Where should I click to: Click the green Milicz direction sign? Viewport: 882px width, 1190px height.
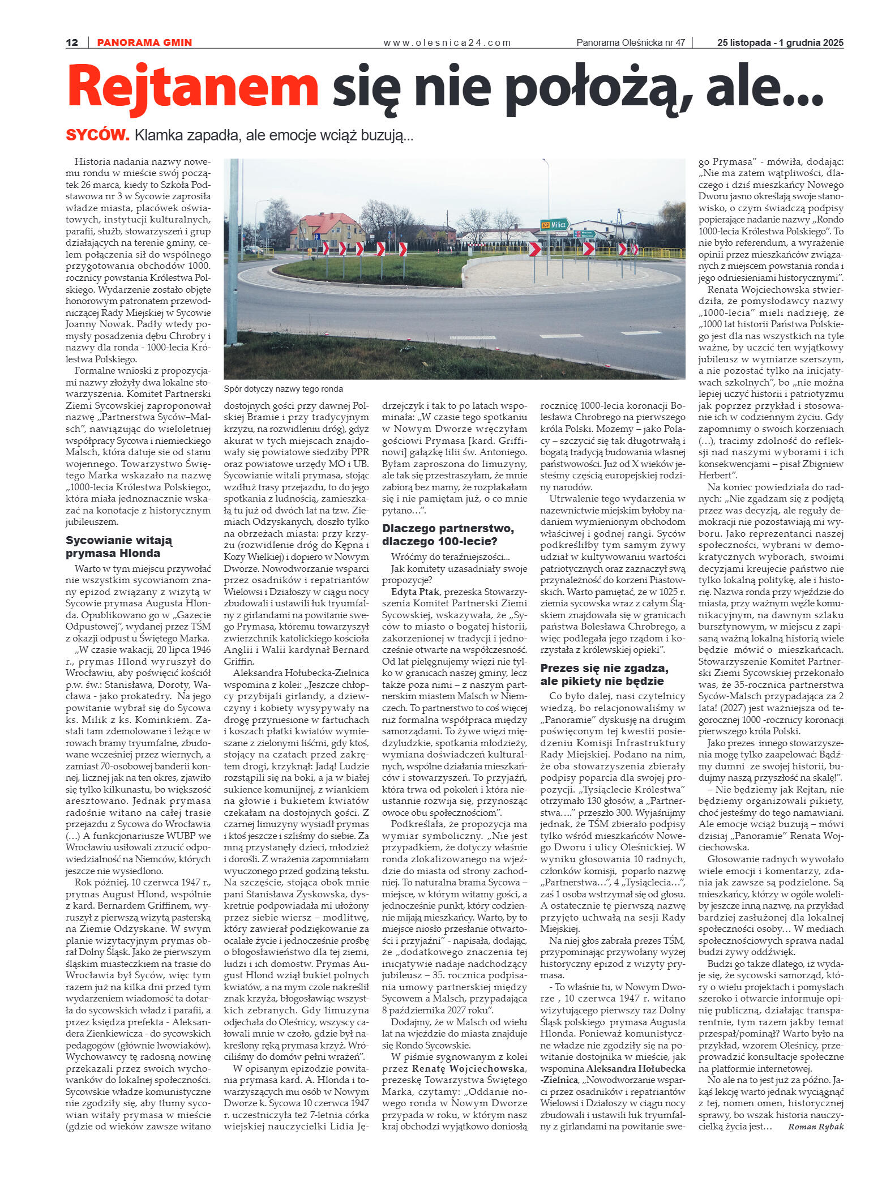554,224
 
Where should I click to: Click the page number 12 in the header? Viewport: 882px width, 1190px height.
72,42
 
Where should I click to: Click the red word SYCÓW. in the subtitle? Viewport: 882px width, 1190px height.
97,135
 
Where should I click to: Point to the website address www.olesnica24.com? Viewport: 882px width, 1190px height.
447,42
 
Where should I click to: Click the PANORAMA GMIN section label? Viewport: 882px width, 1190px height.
144,42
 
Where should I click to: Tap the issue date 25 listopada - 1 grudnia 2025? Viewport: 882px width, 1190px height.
780,42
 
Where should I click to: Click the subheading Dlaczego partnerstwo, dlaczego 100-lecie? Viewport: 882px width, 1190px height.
448,534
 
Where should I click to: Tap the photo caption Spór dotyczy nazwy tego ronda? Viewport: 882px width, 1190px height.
283,389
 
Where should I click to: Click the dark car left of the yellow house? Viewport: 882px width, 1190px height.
252,249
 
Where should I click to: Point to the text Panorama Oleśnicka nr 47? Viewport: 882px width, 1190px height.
630,42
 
